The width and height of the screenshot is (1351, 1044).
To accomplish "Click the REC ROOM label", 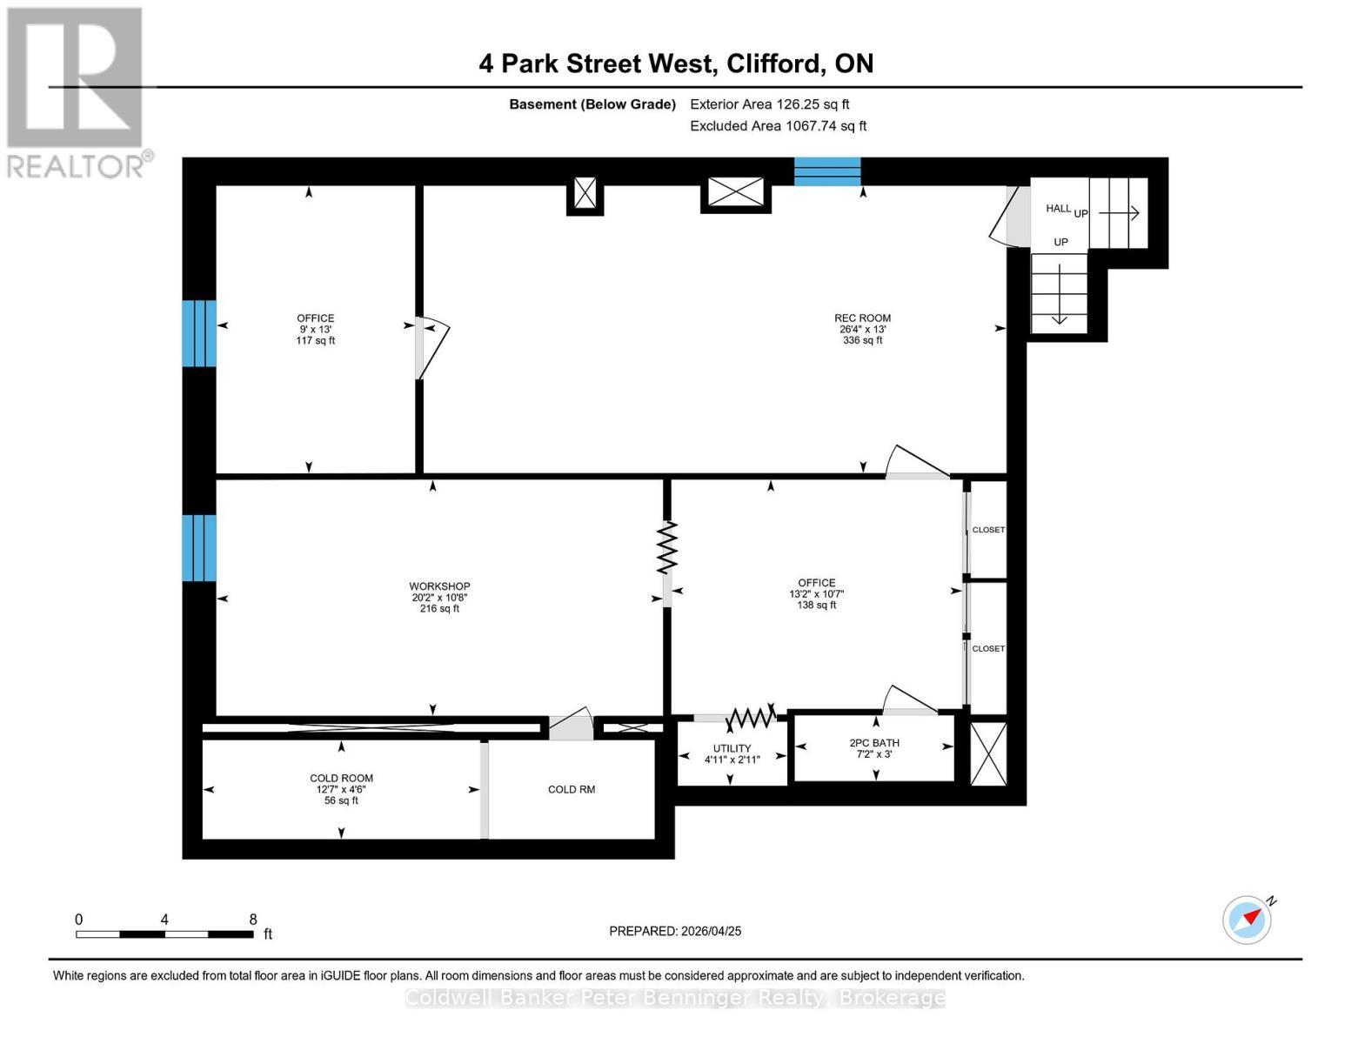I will click(862, 318).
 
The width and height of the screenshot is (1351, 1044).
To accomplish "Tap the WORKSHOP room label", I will click(439, 586).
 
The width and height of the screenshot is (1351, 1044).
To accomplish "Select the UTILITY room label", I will click(732, 748).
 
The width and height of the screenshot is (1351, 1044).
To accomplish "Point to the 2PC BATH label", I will click(874, 743).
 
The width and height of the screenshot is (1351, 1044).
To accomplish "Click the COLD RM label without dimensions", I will click(572, 790).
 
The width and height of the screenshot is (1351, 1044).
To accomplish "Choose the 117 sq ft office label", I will click(315, 329).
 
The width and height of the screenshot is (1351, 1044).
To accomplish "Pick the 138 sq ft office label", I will click(816, 593).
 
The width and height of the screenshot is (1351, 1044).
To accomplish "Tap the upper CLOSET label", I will click(988, 530).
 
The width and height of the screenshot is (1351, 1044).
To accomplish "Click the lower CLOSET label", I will click(988, 649).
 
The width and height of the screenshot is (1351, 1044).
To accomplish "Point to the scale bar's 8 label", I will click(253, 920).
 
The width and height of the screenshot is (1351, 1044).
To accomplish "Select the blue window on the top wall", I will click(827, 171).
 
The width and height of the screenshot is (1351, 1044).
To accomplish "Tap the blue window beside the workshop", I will click(198, 548).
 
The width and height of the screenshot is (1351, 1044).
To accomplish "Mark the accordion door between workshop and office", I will click(667, 548).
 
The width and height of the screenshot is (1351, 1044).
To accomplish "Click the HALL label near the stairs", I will click(1058, 209).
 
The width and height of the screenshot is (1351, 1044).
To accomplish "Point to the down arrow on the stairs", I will click(1060, 296).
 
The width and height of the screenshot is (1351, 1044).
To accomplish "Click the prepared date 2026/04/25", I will click(675, 931).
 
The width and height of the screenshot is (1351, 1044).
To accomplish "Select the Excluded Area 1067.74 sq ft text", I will click(778, 126).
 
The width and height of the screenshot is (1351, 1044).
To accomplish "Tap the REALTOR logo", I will click(77, 91).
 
